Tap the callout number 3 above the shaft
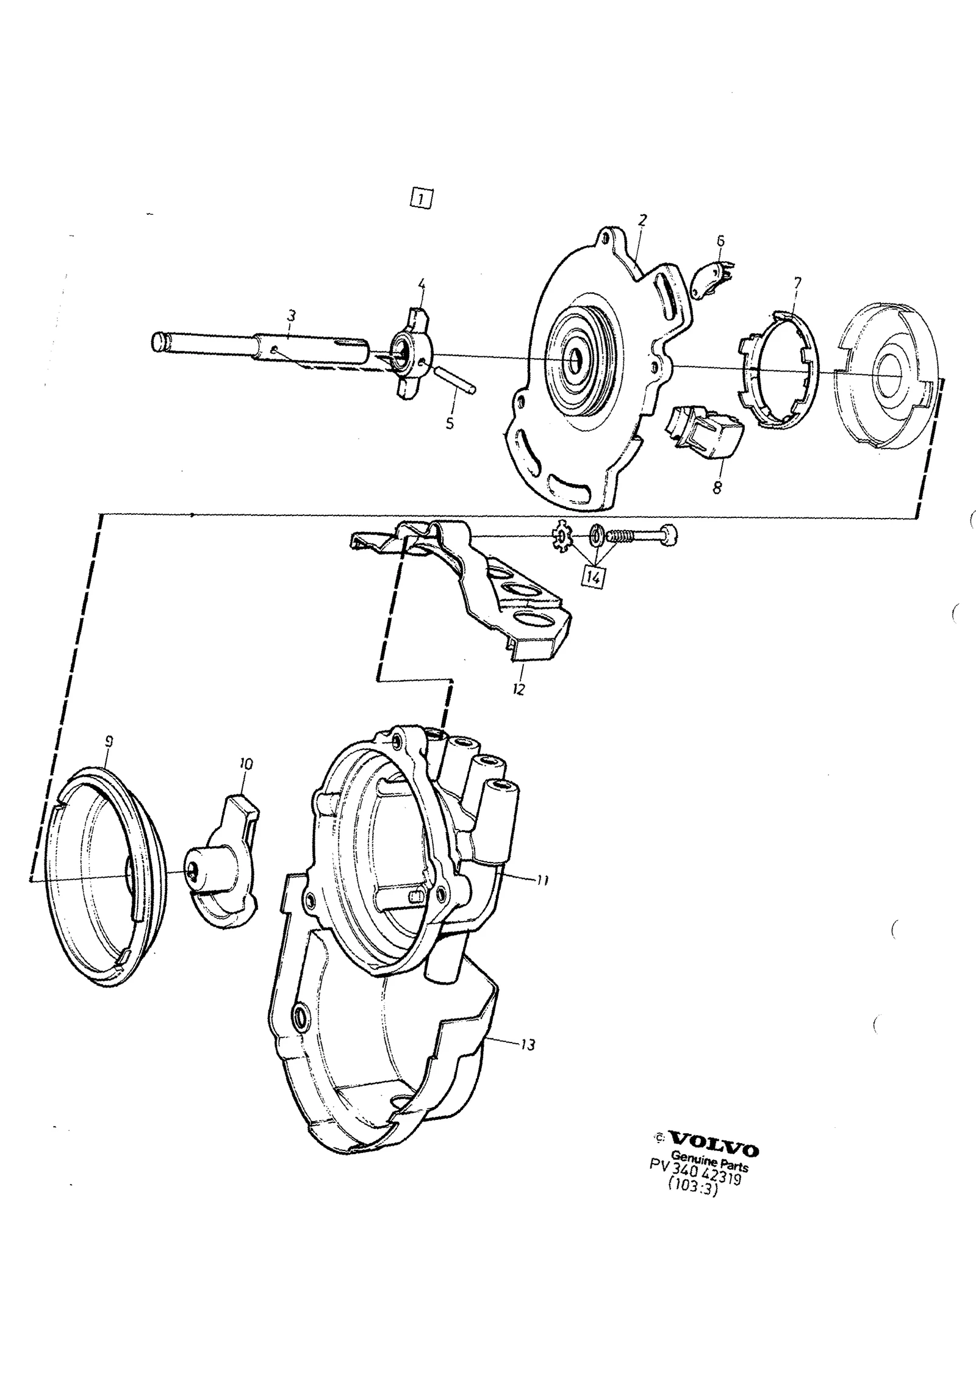coord(292,316)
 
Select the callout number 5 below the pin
coord(450,423)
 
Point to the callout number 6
coord(720,240)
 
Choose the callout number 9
coord(109,742)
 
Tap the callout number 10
coord(246,764)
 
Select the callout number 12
coord(518,690)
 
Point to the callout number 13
coord(528,1045)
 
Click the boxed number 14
coord(594,576)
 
